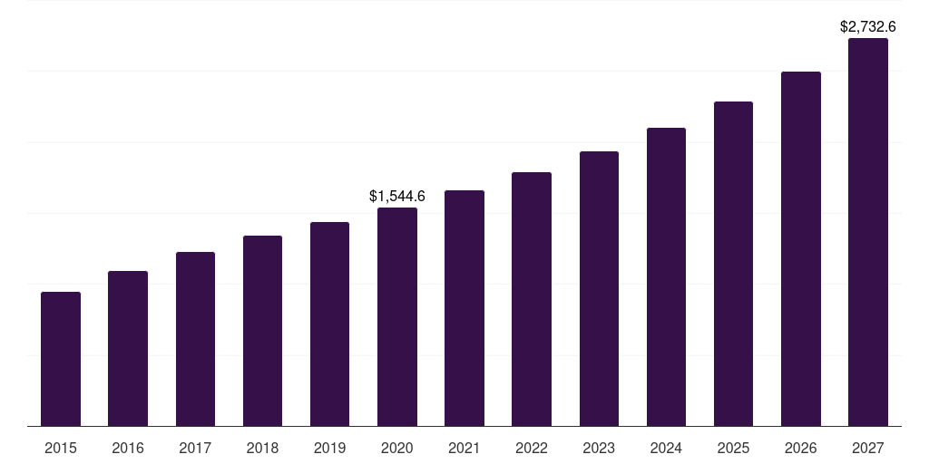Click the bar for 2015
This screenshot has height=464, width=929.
[x=61, y=359]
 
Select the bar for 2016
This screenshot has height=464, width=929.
[x=128, y=348]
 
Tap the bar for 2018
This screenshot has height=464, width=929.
[x=262, y=331]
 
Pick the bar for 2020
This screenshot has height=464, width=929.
[x=397, y=316]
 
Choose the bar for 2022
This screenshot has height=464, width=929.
[x=532, y=299]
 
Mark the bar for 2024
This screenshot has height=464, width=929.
[x=666, y=276]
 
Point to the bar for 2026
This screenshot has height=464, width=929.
[x=801, y=248]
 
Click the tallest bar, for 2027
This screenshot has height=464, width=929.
[x=868, y=232]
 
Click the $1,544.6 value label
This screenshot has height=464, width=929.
[x=397, y=196]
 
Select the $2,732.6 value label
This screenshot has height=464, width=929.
[x=868, y=27]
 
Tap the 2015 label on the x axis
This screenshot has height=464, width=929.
[x=61, y=448]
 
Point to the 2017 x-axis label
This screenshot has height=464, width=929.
[x=195, y=448]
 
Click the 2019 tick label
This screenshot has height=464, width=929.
[x=329, y=448]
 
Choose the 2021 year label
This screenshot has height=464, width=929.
[x=464, y=448]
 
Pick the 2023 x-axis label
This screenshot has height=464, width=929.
[x=599, y=448]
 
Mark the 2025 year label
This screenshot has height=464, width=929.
[x=733, y=448]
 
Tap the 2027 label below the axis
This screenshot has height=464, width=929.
[x=868, y=448]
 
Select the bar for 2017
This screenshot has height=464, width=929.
[x=195, y=339]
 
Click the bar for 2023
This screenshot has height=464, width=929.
[x=599, y=288]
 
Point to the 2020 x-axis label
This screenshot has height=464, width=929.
[x=397, y=448]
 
